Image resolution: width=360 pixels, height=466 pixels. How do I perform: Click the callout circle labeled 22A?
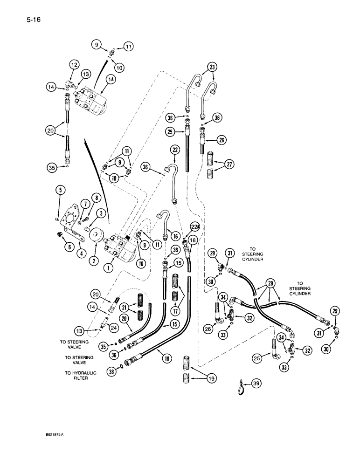point(195,227)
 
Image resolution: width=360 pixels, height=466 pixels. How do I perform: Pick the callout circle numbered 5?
point(62,190)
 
